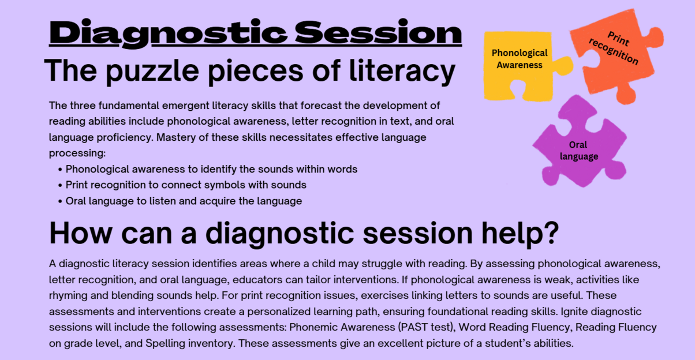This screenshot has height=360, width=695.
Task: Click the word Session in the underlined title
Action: (379, 32)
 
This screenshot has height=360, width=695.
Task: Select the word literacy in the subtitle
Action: (402, 72)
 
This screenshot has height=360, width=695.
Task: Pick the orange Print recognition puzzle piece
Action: (616, 52)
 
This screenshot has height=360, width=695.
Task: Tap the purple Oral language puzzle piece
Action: (580, 142)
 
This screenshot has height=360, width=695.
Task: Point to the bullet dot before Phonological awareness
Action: (60, 170)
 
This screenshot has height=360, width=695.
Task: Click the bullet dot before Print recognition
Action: (60, 186)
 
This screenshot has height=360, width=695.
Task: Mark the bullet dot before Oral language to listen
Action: (60, 201)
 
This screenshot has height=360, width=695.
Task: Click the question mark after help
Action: (551, 232)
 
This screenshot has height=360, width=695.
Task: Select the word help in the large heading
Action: (511, 235)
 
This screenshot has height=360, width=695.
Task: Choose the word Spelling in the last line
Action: (165, 343)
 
